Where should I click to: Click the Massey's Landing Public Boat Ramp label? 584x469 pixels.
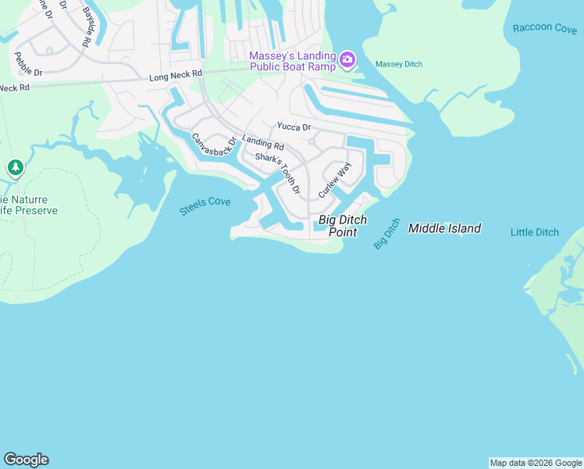292,61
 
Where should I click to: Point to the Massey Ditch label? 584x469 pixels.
398,64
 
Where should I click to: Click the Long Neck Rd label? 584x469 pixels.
176,75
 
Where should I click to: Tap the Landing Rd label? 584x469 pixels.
263,142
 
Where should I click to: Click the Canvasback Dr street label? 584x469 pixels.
213,145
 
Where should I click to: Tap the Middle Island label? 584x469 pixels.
444,228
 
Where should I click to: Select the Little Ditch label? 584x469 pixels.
535,232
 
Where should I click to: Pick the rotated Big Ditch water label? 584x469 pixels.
386,234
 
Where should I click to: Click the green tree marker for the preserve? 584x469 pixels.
15,167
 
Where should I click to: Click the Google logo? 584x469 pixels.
26,460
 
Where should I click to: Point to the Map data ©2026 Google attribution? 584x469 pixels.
536,463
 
